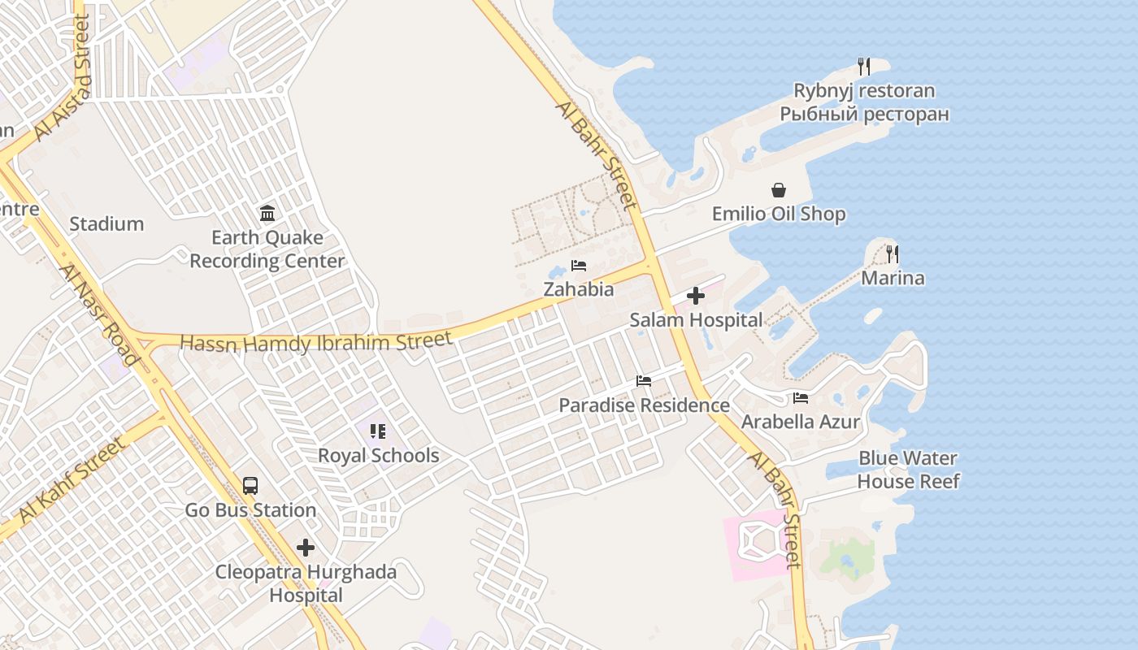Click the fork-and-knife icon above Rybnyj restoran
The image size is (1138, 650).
[x=864, y=67]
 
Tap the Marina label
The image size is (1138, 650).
[x=893, y=278]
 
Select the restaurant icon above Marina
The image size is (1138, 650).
[x=893, y=254]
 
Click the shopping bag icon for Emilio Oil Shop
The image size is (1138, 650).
[x=779, y=190]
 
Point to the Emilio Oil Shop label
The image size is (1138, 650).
[x=779, y=214]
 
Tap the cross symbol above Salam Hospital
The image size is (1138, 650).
[x=696, y=297]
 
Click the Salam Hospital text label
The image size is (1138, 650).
[x=696, y=320]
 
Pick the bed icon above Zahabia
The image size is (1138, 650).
[x=579, y=266]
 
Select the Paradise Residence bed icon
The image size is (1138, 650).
[x=644, y=380]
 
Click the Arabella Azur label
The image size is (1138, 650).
[x=800, y=422]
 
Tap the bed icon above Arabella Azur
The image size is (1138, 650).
[x=801, y=398]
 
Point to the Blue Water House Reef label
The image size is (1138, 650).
[x=908, y=470]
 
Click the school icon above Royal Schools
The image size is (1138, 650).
[x=378, y=431]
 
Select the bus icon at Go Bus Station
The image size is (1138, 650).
[x=250, y=486]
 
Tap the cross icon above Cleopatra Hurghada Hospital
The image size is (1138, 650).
[x=306, y=548]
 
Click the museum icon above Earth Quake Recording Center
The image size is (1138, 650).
[x=267, y=214]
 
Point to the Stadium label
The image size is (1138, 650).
[x=106, y=223]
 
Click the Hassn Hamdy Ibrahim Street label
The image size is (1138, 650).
[x=315, y=342]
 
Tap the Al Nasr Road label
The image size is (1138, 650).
[x=99, y=314]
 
